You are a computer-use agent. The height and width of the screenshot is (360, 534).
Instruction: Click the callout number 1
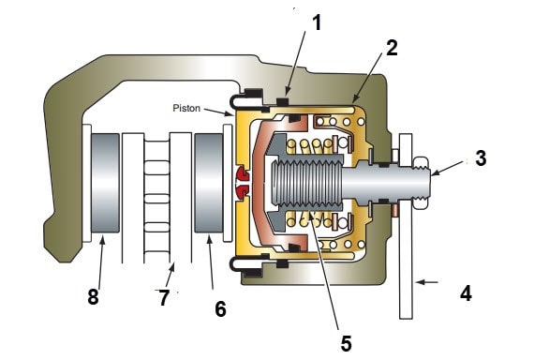317,22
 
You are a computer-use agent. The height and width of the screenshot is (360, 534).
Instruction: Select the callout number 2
392,48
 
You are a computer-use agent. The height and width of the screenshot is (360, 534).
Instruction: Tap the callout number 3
481,158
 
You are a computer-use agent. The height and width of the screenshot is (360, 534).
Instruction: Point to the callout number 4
466,293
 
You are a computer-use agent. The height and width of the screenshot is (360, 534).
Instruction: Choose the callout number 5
346,343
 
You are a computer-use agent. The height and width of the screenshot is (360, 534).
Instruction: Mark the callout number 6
220,309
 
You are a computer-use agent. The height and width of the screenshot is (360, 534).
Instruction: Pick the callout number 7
164,297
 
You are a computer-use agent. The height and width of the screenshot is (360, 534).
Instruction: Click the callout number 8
93,296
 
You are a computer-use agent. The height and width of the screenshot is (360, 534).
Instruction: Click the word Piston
186,108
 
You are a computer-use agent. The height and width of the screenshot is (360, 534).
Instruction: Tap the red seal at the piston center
242,183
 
